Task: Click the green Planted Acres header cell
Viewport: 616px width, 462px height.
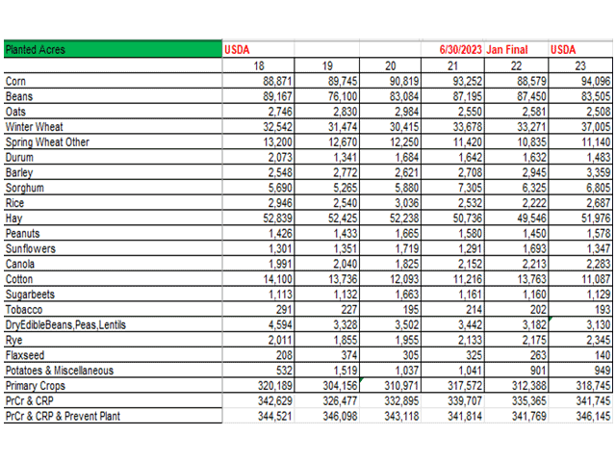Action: pos(112,49)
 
